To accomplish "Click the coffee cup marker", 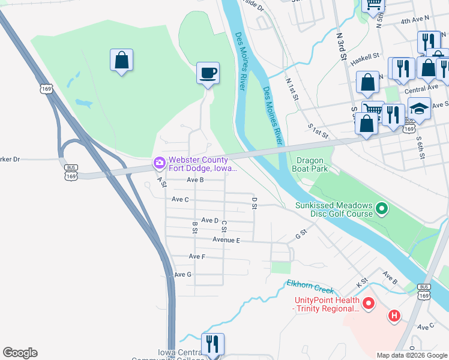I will [x=208, y=73].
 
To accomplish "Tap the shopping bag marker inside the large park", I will [x=121, y=60].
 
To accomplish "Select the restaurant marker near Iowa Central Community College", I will [x=212, y=344].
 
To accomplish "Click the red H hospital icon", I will [x=394, y=315].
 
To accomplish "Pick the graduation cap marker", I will [x=420, y=109].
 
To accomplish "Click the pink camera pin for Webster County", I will [x=159, y=163].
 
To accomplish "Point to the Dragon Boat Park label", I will [x=310, y=165].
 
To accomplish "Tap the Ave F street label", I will [x=197, y=256].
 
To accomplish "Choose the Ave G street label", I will [x=182, y=274].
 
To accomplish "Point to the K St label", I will [x=361, y=281].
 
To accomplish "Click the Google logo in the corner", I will [x=20, y=353].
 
